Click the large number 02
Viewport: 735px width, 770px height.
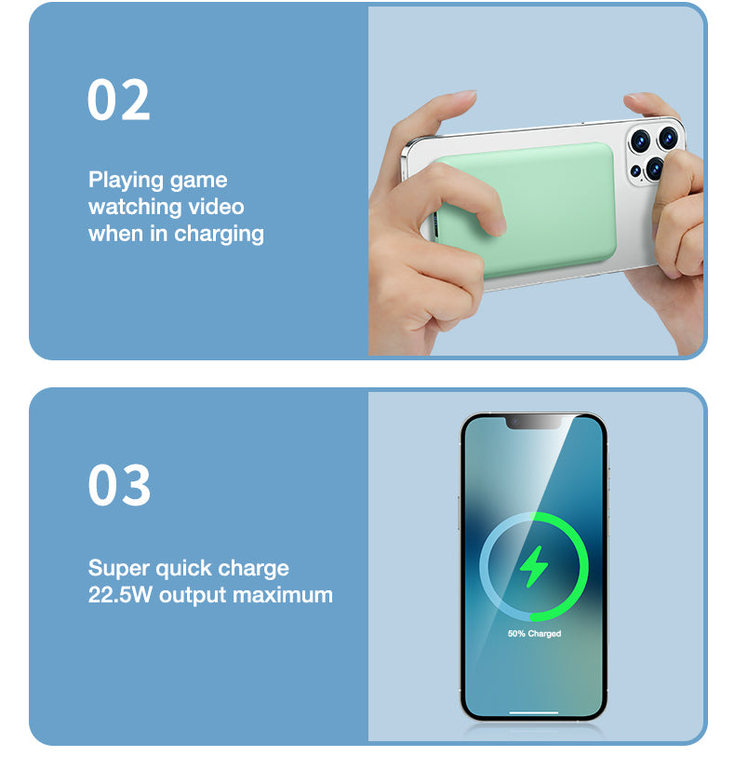118,100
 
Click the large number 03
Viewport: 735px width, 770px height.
119,486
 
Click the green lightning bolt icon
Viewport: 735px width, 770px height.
534,566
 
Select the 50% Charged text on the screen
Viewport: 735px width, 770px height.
534,634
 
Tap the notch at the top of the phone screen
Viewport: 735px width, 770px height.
534,423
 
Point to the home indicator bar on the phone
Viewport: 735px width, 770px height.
534,713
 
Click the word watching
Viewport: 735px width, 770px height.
131,206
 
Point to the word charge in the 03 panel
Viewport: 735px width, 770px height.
251,568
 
